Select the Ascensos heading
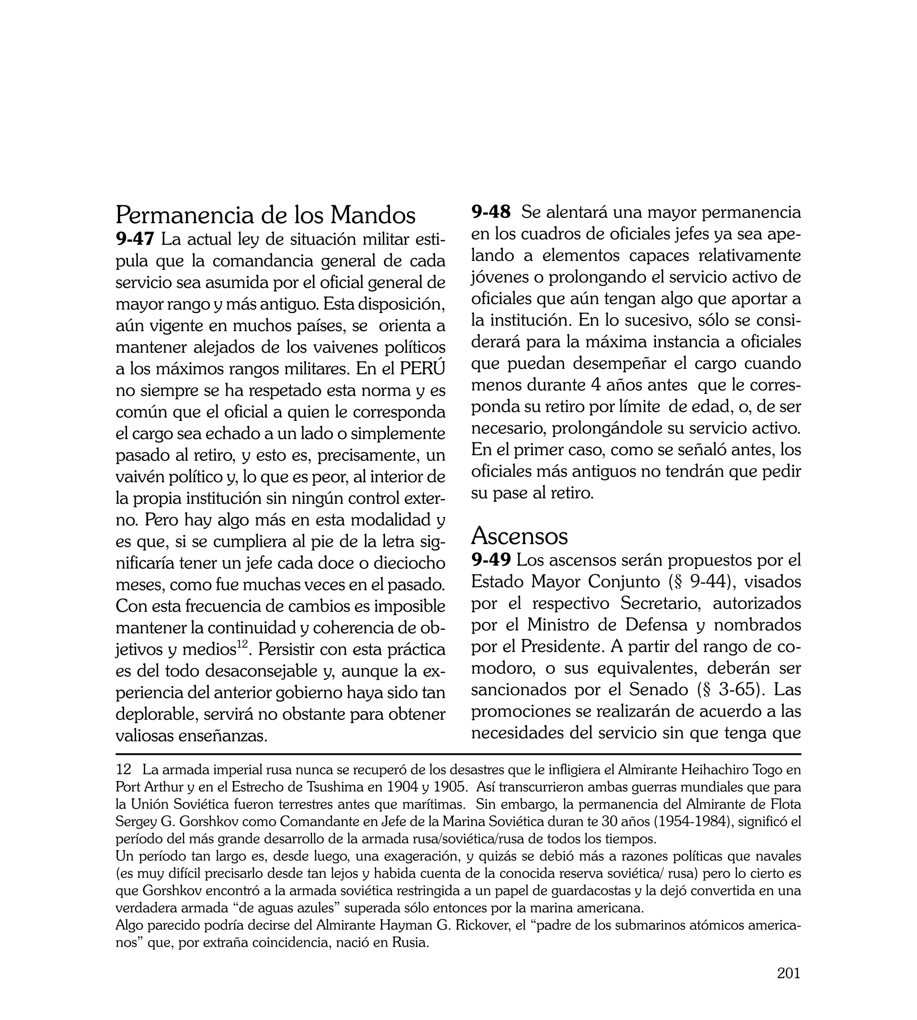click(x=519, y=536)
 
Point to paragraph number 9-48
click(x=491, y=212)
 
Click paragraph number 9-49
click(x=491, y=560)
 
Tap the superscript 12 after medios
click(x=242, y=644)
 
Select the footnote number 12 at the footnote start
click(x=124, y=770)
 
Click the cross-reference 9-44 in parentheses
click(x=710, y=581)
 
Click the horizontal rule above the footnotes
click(x=458, y=754)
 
